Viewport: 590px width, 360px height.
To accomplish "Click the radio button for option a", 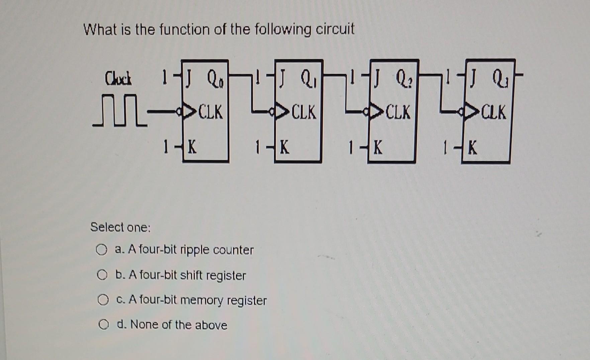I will [x=102, y=250].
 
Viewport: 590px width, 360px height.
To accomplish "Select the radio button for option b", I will [x=102, y=275].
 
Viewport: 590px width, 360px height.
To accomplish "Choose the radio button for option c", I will [x=103, y=300].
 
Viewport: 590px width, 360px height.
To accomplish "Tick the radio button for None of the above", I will [x=104, y=325].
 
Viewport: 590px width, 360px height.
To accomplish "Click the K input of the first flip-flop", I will [x=192, y=147].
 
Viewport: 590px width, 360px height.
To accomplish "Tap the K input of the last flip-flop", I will [x=472, y=148].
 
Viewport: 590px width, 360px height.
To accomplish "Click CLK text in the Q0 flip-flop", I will [x=210, y=112].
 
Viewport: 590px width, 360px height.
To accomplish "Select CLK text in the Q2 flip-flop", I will [x=398, y=112].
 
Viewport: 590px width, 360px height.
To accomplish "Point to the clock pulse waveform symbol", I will [x=119, y=115].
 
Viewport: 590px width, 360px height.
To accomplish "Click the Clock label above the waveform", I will [x=118, y=79].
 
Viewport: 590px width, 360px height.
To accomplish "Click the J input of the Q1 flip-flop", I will [x=283, y=79].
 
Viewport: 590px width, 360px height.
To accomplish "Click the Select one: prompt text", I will [x=120, y=227].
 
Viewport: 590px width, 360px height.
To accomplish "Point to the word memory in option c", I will [x=202, y=300].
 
